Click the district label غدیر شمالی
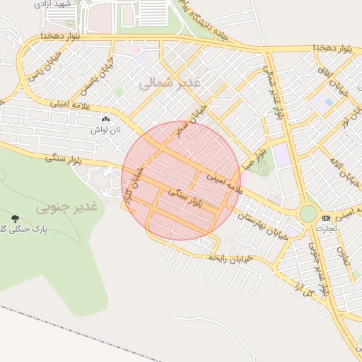[170, 83]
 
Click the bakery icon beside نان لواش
[105, 119]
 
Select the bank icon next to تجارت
[326, 218]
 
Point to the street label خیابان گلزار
[134, 187]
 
